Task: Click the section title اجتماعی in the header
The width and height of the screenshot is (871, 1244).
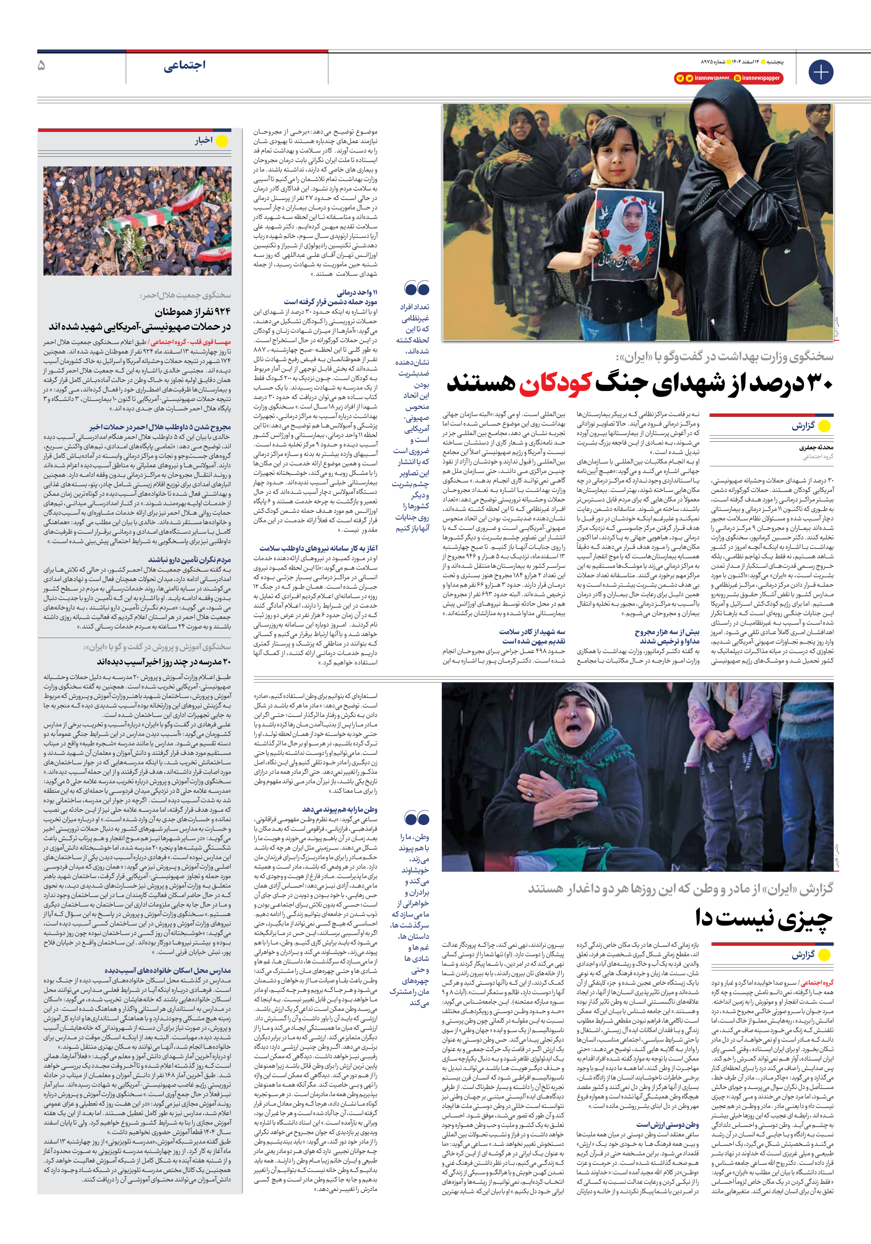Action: (184, 65)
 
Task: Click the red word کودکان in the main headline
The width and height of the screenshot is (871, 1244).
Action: (554, 383)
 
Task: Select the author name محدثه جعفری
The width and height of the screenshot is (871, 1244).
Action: (816, 448)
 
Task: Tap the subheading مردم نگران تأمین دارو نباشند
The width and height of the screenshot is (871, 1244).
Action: (189, 560)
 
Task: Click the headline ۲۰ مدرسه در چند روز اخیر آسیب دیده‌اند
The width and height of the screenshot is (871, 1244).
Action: (164, 662)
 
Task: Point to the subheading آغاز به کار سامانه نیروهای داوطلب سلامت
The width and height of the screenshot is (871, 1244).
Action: (318, 548)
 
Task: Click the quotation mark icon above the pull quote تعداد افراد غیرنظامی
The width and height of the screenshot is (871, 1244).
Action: (416, 288)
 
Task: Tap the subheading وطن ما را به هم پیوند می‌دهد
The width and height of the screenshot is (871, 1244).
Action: (340, 810)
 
